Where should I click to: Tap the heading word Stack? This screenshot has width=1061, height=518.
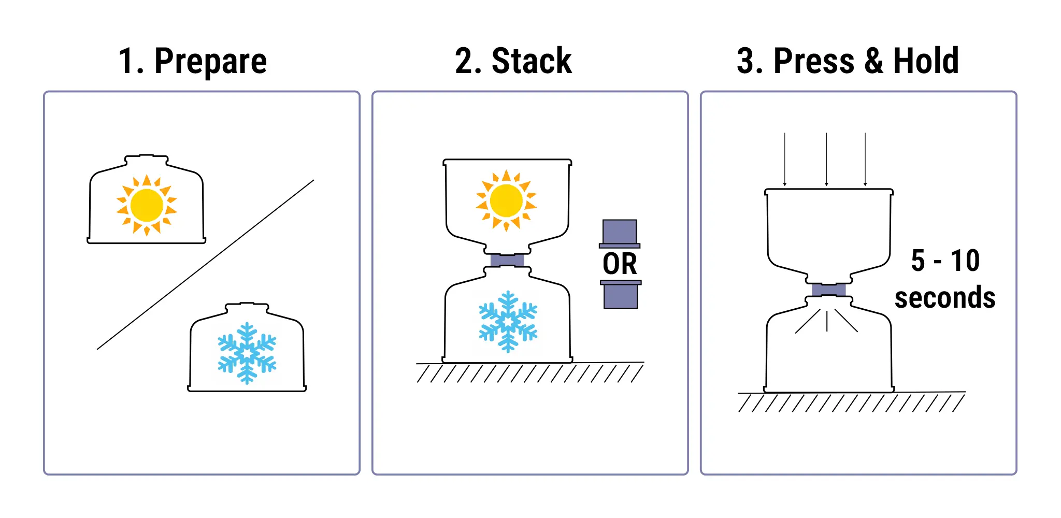click(x=532, y=61)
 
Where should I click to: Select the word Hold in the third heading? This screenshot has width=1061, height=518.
click(x=926, y=61)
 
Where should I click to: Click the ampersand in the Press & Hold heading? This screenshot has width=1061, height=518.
click(x=873, y=61)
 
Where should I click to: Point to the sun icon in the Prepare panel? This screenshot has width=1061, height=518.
click(x=147, y=205)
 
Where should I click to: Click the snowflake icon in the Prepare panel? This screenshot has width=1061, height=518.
click(x=247, y=353)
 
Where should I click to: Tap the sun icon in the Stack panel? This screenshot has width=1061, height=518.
click(x=506, y=200)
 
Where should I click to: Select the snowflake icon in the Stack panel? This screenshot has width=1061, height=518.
click(x=508, y=322)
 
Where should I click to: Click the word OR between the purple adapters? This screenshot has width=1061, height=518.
click(x=620, y=264)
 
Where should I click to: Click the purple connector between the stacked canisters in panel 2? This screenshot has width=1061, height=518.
click(x=507, y=260)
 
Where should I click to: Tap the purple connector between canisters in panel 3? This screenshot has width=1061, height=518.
click(x=829, y=290)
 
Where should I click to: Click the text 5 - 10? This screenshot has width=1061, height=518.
click(x=945, y=261)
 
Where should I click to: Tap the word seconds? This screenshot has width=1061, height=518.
click(x=945, y=298)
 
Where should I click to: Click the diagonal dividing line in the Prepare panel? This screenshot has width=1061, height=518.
click(x=205, y=265)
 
